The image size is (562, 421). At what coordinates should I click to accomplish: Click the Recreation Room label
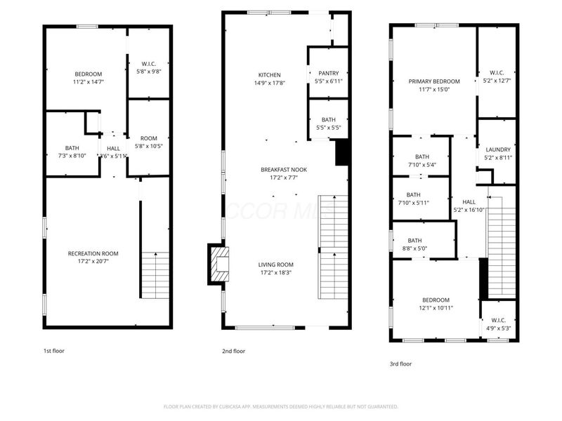(93, 253)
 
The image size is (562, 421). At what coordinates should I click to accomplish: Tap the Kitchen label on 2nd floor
(269, 75)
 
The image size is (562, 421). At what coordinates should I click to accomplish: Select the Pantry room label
(329, 73)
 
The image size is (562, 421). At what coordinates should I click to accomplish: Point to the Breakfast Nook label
(284, 169)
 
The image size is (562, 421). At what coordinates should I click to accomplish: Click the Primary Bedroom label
(434, 81)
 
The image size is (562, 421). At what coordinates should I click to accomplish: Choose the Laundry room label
(497, 149)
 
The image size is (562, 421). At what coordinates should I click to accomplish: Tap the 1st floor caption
(53, 350)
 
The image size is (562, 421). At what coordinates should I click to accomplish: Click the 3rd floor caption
(400, 363)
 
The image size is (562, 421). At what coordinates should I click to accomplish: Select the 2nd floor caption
(234, 351)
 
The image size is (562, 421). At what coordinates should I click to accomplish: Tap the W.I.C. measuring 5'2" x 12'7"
(497, 81)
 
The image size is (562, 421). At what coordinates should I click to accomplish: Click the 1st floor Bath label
(72, 147)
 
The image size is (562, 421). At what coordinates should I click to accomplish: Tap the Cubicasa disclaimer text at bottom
(281, 406)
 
